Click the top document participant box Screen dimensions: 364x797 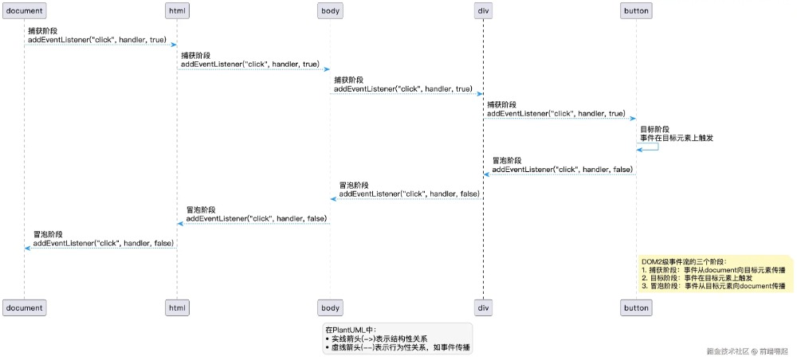(x=24, y=11)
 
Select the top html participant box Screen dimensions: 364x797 (x=177, y=11)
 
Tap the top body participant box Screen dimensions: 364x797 (x=330, y=11)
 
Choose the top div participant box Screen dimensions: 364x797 (x=483, y=11)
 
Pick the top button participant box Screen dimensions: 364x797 (x=636, y=11)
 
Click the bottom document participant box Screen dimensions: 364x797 (x=24, y=307)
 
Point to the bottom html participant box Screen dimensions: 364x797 (x=177, y=307)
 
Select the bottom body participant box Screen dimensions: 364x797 (x=330, y=307)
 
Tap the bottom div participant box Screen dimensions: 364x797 (x=483, y=307)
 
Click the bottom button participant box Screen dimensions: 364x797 (x=636, y=307)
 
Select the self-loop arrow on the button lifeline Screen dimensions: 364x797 (x=652, y=146)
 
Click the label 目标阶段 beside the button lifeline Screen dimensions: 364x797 (x=654, y=129)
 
